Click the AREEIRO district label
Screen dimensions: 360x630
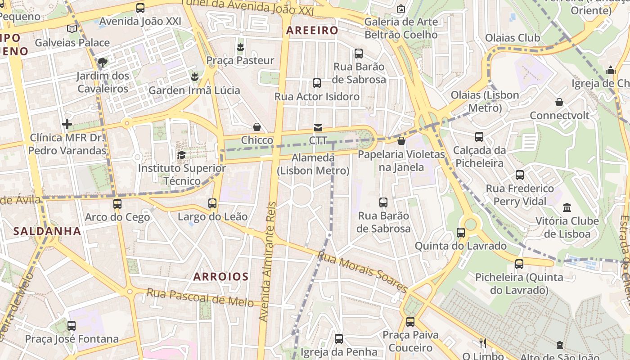[x=312, y=31]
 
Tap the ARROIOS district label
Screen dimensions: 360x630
[x=220, y=276]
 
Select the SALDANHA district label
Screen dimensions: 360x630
[x=47, y=231]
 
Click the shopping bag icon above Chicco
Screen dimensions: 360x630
[x=257, y=127]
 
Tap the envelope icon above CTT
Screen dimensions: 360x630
[x=318, y=128]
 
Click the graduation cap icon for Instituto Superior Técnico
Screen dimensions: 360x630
[x=182, y=155]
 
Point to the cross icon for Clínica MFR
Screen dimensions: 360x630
[x=67, y=124]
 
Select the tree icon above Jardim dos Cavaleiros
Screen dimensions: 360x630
[x=103, y=62]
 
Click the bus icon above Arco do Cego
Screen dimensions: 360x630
[x=117, y=204]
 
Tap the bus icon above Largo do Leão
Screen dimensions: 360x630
[x=212, y=203]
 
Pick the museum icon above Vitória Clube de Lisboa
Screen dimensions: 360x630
[x=567, y=208]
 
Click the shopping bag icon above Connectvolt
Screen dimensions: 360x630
[x=559, y=102]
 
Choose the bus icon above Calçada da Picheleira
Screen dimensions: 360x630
[x=479, y=137]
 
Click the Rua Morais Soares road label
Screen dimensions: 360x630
[x=363, y=272]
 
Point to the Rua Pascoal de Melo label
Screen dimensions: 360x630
[x=200, y=297]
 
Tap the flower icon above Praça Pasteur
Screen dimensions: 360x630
[x=240, y=47]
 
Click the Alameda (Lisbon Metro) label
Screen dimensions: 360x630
[x=313, y=164]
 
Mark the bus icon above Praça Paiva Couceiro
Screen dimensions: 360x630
[x=410, y=322]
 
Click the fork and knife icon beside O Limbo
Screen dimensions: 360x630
[x=483, y=343]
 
